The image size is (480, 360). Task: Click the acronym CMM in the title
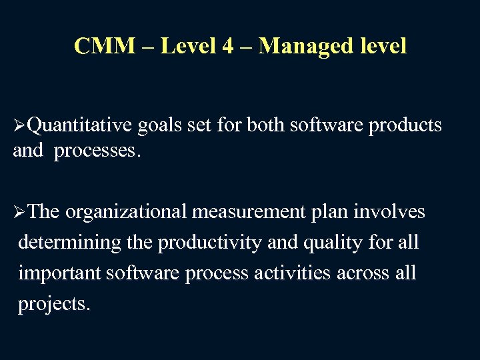click(x=101, y=46)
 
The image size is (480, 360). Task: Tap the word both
click(x=269, y=125)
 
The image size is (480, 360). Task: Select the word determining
click(x=71, y=243)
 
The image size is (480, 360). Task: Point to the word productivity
click(x=209, y=243)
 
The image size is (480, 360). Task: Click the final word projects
click(x=53, y=304)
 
